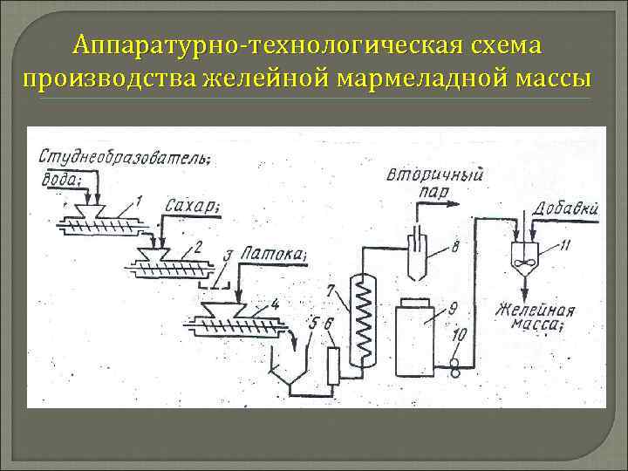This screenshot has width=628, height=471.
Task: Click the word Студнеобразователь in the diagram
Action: coord(122,157)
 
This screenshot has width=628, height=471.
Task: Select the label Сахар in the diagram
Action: coord(190,205)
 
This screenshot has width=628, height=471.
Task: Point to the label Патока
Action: coord(274,254)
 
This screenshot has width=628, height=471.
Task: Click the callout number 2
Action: coord(198,248)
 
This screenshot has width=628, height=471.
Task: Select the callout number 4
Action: coord(275,304)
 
